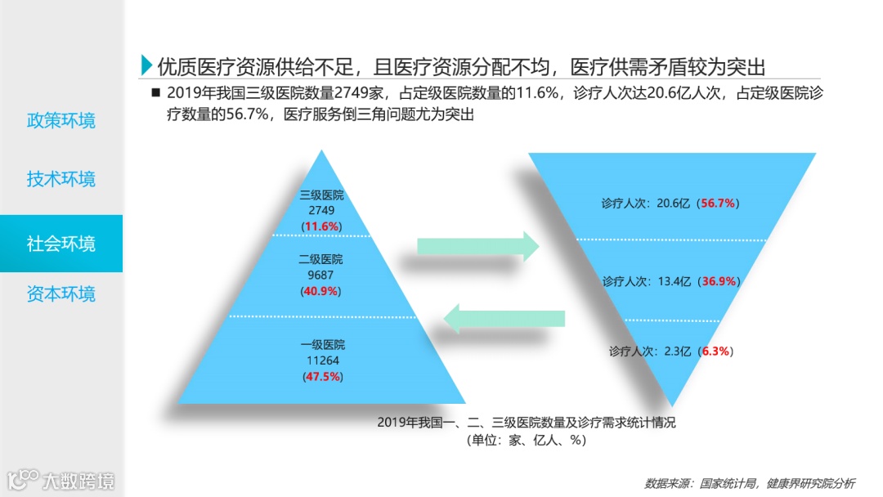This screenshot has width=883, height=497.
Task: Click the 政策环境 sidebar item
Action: pyautogui.click(x=61, y=121)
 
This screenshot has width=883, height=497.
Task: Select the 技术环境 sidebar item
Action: pyautogui.click(x=61, y=178)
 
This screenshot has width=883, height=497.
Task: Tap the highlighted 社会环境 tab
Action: pyautogui.click(x=61, y=244)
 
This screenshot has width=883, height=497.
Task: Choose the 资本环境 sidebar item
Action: pyautogui.click(x=61, y=293)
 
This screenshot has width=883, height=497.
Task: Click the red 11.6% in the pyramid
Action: pyautogui.click(x=322, y=226)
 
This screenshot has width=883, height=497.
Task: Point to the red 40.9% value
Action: pyautogui.click(x=322, y=291)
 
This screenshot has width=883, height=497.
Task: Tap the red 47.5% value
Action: pyautogui.click(x=322, y=376)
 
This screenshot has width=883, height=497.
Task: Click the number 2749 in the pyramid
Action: pyautogui.click(x=322, y=211)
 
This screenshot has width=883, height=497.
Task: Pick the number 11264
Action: pyautogui.click(x=322, y=360)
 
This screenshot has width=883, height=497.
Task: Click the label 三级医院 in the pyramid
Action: pyautogui.click(x=322, y=196)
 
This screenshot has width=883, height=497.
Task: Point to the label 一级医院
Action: pyautogui.click(x=322, y=345)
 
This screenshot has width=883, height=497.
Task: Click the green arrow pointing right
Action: pyautogui.click(x=477, y=245)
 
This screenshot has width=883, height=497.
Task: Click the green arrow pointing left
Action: pyautogui.click(x=504, y=317)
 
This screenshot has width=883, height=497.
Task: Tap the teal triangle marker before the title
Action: pyautogui.click(x=146, y=65)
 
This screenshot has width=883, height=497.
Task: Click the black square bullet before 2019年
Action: pyautogui.click(x=155, y=92)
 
